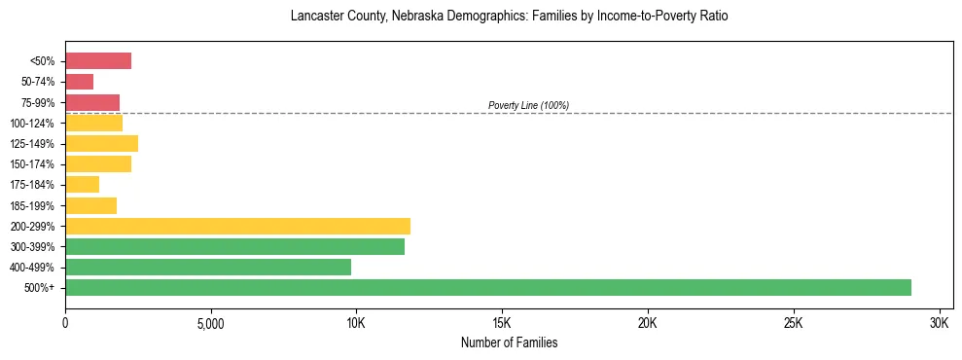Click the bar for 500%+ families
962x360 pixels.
[x=487, y=287]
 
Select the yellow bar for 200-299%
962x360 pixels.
[x=237, y=226]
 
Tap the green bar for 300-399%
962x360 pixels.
[x=234, y=246]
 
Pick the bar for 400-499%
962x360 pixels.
[x=207, y=267]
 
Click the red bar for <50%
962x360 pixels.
[x=98, y=61]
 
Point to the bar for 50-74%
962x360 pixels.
[x=79, y=82]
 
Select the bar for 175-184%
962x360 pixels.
[x=82, y=185]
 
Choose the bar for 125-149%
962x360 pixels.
[x=101, y=144]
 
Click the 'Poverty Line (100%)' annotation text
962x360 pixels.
[x=528, y=105]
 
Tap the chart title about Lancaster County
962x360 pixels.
[x=509, y=17]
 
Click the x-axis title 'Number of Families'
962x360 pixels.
[x=509, y=342]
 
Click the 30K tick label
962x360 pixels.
[x=939, y=322]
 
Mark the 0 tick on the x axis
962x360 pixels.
[x=65, y=322]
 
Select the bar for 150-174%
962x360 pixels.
[x=98, y=164]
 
